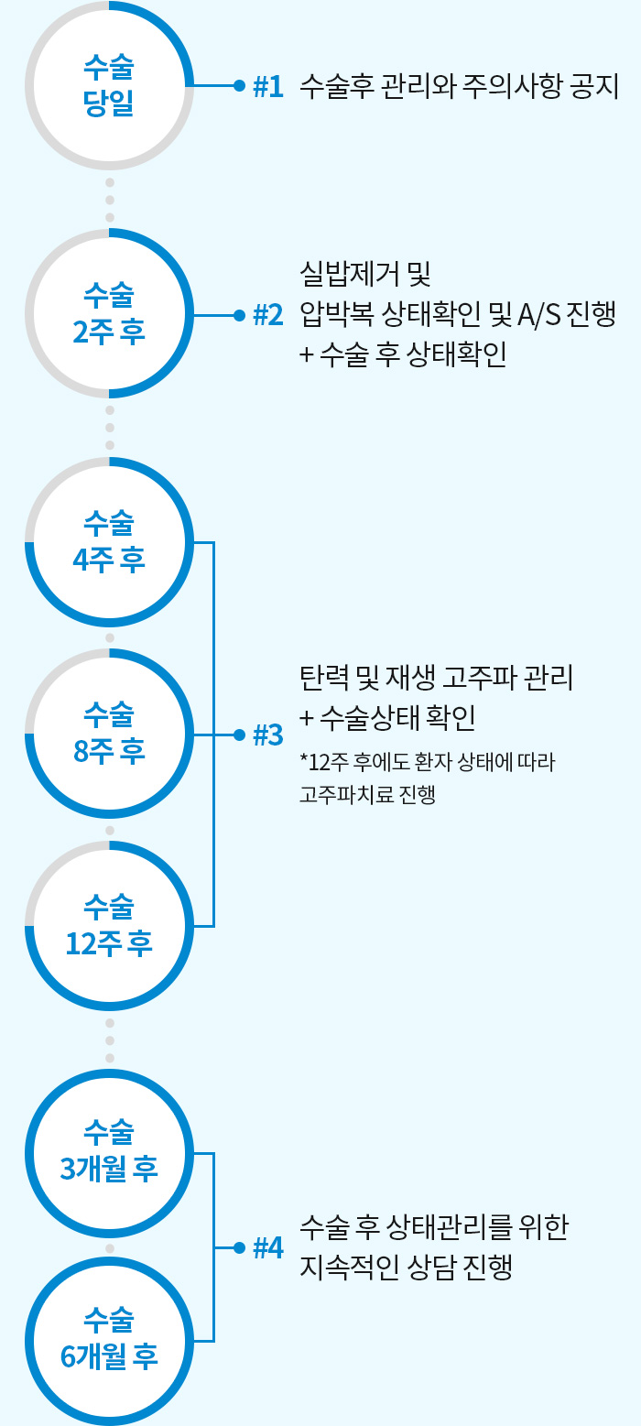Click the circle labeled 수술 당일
109,85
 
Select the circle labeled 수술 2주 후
109,314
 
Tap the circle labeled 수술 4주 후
109,542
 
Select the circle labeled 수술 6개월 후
109,1341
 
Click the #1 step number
267,87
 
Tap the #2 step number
267,315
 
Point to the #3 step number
267,735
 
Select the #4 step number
267,1247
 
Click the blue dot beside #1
239,86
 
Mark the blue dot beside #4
239,1247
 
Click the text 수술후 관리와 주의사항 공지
460,86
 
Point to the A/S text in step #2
543,314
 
